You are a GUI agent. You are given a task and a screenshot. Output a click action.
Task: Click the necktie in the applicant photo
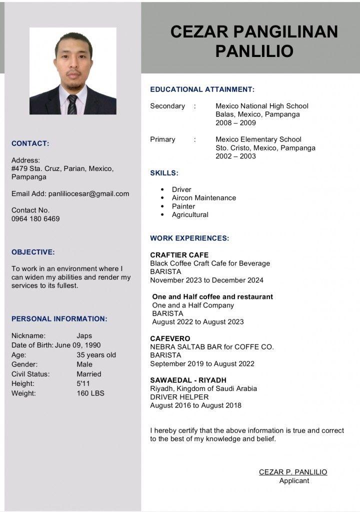[72, 104]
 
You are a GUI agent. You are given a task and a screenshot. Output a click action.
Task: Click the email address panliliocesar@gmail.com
[88, 193]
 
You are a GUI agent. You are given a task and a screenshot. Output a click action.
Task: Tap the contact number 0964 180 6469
[35, 218]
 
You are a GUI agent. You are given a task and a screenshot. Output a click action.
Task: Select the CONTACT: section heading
[30, 143]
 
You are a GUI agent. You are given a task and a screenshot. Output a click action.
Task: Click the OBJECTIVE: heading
[33, 252]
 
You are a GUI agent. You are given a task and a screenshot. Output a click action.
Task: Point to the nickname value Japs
[84, 336]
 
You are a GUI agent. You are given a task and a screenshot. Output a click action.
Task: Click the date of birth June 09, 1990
[77, 345]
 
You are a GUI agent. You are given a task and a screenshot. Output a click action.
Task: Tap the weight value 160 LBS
[90, 393]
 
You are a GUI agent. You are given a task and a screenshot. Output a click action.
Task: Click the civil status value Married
[89, 374]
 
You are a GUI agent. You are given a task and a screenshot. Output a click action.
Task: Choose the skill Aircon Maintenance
[204, 198]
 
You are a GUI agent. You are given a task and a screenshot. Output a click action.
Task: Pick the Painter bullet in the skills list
[183, 206]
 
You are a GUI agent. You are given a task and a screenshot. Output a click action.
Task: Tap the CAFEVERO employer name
[170, 338]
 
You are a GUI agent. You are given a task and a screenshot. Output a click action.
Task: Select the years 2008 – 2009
[235, 123]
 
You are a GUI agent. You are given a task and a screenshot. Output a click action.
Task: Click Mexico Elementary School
[258, 139]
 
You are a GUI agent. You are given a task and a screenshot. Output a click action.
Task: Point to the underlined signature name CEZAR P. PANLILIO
[293, 472]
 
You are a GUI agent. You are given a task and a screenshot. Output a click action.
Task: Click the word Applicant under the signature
[294, 481]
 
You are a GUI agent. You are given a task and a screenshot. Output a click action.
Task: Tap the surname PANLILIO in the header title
[254, 51]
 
